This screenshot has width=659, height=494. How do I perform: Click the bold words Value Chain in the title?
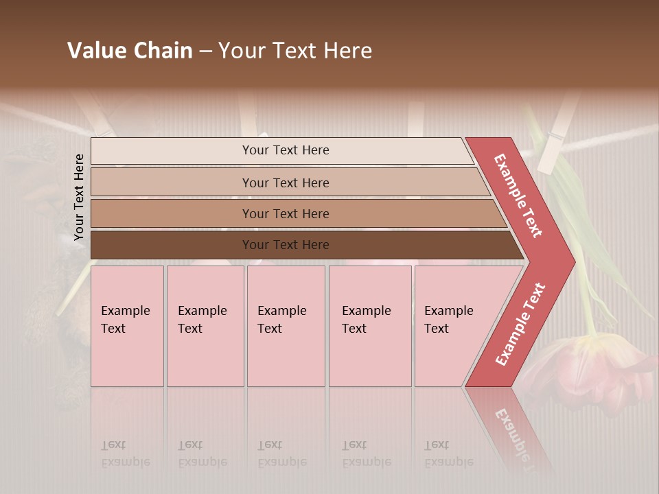[130, 51]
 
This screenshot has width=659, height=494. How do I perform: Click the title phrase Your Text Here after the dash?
[295, 51]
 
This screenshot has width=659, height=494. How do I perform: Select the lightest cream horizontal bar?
[172, 151]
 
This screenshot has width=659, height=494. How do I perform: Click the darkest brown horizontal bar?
[172, 245]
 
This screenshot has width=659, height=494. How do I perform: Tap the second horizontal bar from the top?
[172, 183]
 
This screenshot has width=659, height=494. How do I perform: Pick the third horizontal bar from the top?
[172, 213]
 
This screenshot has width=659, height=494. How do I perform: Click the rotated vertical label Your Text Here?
[80, 197]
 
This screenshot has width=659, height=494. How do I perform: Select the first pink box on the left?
[127, 326]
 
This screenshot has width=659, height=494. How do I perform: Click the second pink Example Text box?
[205, 326]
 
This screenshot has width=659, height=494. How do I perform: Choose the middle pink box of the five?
[286, 326]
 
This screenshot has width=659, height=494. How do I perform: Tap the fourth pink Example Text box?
[370, 326]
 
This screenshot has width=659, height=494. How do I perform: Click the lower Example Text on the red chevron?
[520, 324]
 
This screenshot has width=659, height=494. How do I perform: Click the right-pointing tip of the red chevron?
[571, 261]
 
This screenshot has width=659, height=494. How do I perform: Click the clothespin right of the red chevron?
[557, 134]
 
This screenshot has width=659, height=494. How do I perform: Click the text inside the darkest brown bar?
[286, 245]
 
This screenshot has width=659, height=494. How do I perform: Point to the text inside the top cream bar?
[286, 150]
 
